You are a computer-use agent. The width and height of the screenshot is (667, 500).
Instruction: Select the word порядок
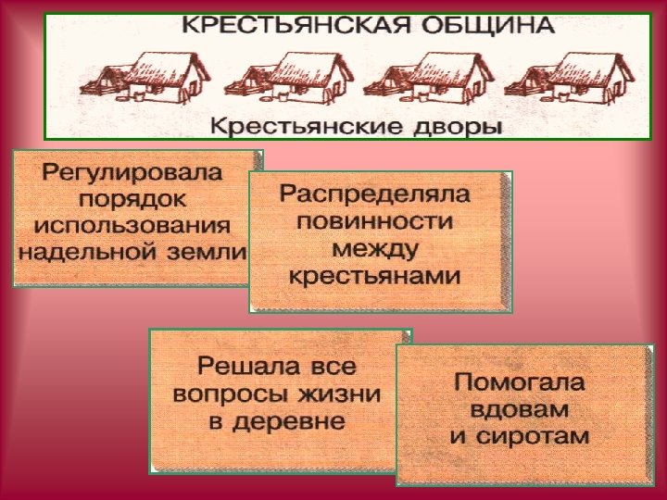pyautogui.click(x=132, y=198)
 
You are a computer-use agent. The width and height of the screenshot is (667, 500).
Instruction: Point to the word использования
pyautogui.click(x=132, y=224)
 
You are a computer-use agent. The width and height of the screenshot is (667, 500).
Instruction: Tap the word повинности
pyautogui.click(x=375, y=221)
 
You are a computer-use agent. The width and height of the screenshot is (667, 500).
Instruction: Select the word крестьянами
pyautogui.click(x=375, y=275)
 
